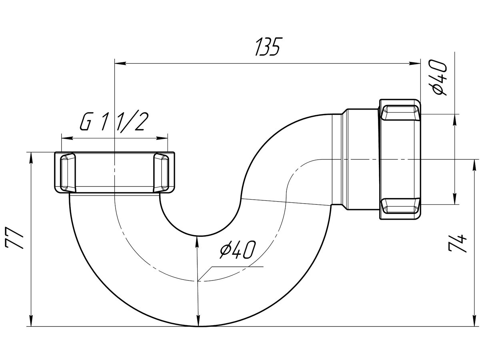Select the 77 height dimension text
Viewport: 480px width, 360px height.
(15, 238)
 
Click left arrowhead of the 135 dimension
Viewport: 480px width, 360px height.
(120, 63)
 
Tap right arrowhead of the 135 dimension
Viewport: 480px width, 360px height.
(415, 63)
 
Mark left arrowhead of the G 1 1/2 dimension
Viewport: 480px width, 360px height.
(67, 138)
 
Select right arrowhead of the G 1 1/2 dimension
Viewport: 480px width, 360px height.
(162, 138)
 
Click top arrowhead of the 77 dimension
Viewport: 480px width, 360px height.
(31, 158)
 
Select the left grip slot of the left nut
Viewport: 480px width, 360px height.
(68, 172)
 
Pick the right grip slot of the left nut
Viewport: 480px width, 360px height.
(161, 172)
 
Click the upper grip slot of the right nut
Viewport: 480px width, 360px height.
(400, 112)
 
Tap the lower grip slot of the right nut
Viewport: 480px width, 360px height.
(400, 206)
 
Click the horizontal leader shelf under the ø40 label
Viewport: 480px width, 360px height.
(237, 267)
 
